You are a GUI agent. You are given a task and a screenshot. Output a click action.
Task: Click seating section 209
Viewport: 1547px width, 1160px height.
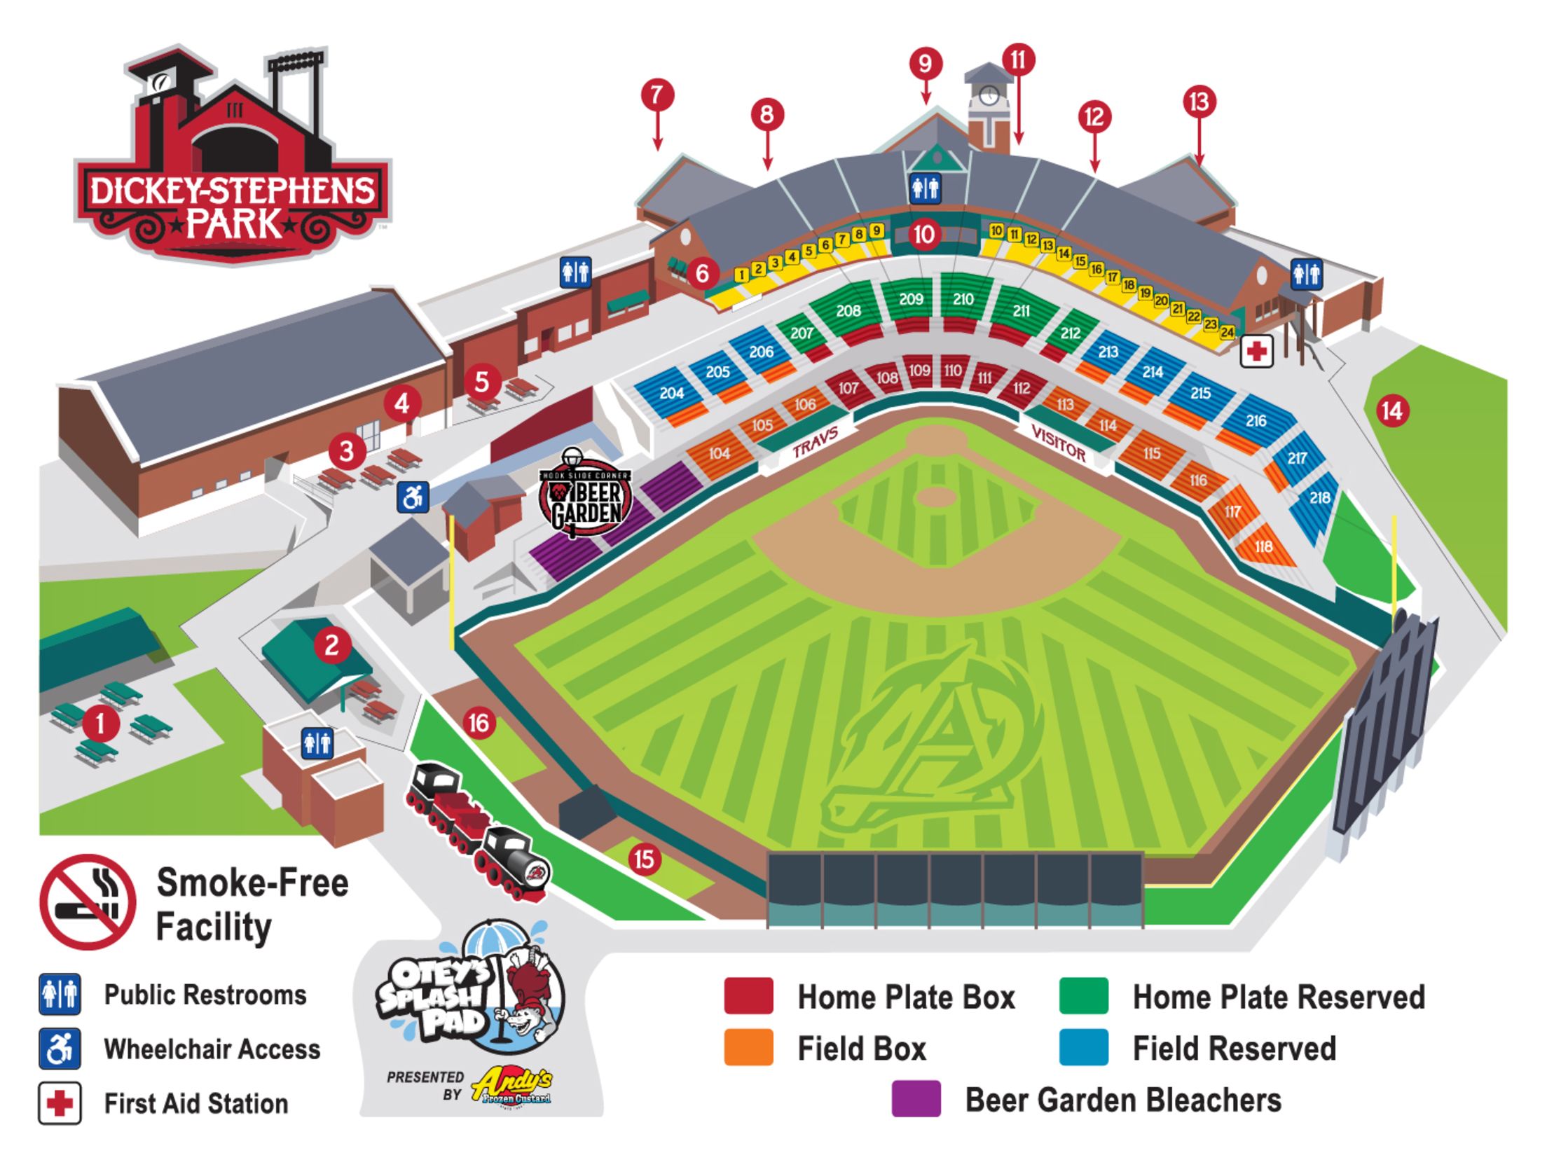911,300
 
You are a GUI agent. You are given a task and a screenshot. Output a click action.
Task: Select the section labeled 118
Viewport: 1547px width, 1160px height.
1263,546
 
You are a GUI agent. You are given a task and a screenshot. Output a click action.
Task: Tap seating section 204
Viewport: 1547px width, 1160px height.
671,393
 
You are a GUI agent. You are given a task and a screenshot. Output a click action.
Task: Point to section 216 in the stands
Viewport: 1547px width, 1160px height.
1256,421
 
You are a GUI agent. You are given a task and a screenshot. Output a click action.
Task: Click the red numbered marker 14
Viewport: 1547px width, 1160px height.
1391,411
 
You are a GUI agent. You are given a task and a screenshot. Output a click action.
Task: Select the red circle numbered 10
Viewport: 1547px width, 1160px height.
924,234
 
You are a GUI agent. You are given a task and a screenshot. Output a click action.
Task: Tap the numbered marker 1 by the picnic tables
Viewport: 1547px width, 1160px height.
100,724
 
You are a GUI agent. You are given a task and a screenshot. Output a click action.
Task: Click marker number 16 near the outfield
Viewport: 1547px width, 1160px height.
479,723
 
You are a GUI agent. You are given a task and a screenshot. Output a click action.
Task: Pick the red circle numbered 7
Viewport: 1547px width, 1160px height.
657,95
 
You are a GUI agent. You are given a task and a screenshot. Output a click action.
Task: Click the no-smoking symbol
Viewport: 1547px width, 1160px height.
88,902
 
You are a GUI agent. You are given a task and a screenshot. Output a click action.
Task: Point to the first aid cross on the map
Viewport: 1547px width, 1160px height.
1256,351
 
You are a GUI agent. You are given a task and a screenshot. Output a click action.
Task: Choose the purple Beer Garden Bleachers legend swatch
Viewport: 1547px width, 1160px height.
916,1098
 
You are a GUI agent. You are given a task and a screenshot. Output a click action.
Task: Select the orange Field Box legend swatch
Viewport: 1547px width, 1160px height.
748,1047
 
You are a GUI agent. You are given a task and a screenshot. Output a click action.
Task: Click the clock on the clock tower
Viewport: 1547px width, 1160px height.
989,95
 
